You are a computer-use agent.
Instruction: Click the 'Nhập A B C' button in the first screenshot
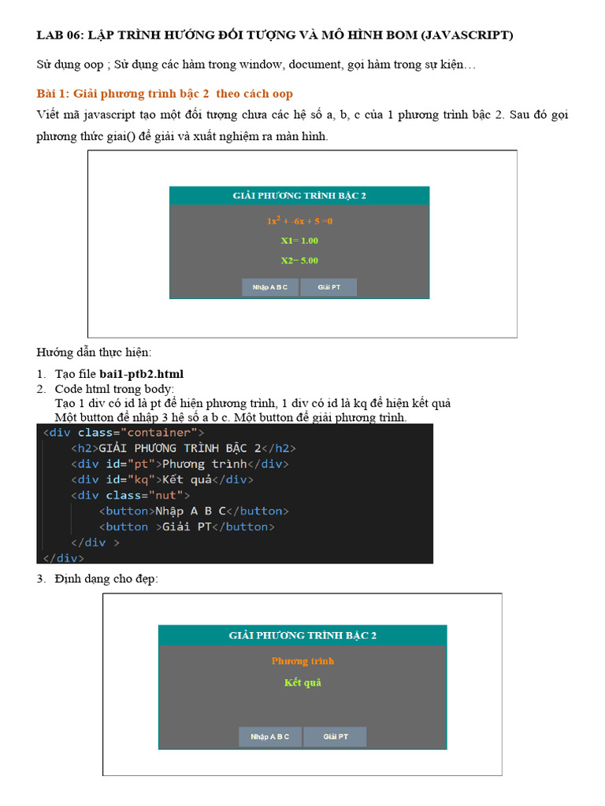click(270, 287)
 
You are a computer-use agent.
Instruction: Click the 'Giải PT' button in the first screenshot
click(328, 287)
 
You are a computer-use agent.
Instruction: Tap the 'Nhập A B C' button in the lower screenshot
click(270, 737)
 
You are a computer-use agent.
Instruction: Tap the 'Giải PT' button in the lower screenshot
click(336, 737)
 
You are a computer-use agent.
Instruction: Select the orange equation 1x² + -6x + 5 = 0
click(299, 221)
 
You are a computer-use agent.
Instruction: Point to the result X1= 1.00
click(299, 241)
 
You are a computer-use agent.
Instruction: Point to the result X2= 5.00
click(299, 261)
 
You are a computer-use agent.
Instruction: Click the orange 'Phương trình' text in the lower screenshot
click(302, 661)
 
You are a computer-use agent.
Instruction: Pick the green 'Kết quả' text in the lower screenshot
click(302, 682)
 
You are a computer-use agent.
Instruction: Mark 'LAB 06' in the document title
click(59, 35)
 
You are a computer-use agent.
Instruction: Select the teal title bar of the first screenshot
click(299, 195)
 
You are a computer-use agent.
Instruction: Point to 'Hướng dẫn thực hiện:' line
click(94, 352)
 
